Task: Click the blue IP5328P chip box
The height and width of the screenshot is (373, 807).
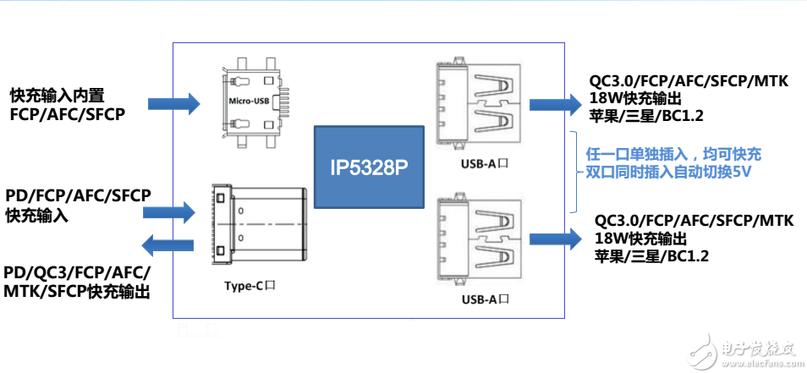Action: (x=368, y=167)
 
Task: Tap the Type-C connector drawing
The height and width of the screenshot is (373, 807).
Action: (x=254, y=224)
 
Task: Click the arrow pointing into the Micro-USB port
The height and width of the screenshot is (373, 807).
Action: (x=174, y=104)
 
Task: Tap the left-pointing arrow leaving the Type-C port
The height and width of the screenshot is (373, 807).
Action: (x=168, y=246)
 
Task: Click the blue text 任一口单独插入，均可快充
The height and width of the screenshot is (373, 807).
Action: (x=673, y=154)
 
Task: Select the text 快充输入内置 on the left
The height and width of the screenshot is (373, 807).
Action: (x=57, y=94)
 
